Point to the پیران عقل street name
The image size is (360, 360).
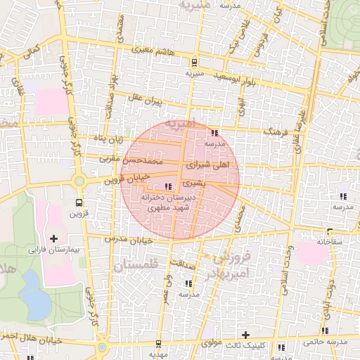coord(147,102)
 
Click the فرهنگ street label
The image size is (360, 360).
coord(274,131)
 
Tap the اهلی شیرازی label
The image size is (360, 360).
coord(209,164)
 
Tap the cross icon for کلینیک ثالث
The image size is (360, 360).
coord(245,335)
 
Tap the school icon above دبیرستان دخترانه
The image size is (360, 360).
coord(167,186)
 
